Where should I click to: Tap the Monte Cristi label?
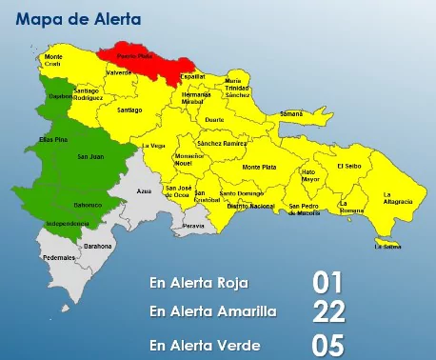pyautogui.click(x=54, y=60)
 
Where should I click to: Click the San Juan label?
pyautogui.click(x=90, y=157)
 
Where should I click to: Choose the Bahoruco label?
pyautogui.click(x=88, y=205)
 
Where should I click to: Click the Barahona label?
pyautogui.click(x=98, y=246)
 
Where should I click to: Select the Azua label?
pyautogui.click(x=145, y=191)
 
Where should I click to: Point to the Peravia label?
pyautogui.click(x=193, y=227)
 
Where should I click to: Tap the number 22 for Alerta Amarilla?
pyautogui.click(x=328, y=310)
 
